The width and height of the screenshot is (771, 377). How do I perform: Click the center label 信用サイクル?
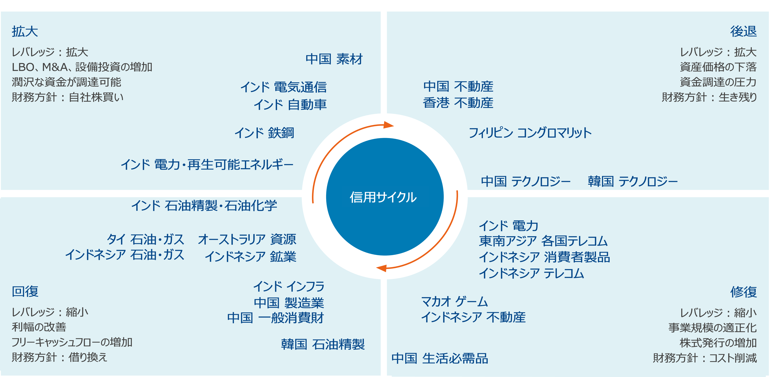[383, 197]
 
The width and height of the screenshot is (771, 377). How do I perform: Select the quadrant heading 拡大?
[25, 31]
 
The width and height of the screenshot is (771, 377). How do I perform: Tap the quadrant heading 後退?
[743, 31]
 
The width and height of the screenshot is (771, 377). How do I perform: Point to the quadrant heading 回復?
[25, 291]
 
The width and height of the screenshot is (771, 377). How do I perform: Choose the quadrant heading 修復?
[743, 292]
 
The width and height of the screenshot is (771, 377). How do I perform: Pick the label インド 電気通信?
[283, 87]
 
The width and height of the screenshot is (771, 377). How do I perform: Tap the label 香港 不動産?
[458, 103]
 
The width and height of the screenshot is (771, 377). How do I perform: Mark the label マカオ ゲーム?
[454, 301]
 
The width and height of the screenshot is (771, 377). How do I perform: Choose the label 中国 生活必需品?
[440, 358]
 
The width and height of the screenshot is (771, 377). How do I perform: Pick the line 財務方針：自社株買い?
[68, 97]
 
